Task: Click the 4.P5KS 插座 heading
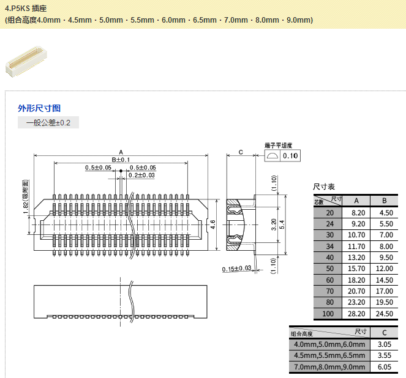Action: click(25, 9)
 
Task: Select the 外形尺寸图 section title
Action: click(39, 108)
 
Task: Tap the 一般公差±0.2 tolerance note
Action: click(48, 123)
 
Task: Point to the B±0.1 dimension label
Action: click(121, 160)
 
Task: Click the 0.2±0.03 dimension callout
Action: click(141, 176)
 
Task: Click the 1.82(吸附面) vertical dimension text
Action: click(26, 197)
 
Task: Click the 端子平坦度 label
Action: click(278, 146)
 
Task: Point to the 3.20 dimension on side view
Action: click(274, 224)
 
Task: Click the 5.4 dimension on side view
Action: click(282, 224)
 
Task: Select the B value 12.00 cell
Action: click(384, 269)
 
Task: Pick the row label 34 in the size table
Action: click(330, 246)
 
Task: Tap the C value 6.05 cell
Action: click(384, 367)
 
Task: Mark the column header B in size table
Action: click(384, 201)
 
